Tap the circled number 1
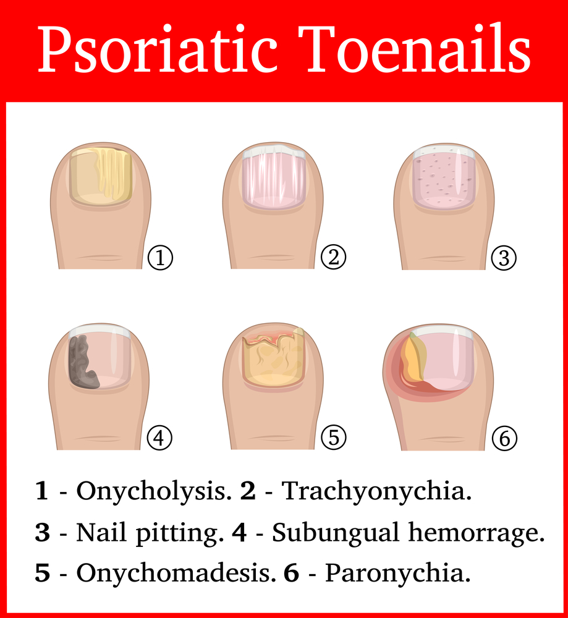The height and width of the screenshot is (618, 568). [160, 258]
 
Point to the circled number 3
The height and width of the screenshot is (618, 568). [504, 258]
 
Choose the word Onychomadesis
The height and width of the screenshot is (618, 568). [176, 574]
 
